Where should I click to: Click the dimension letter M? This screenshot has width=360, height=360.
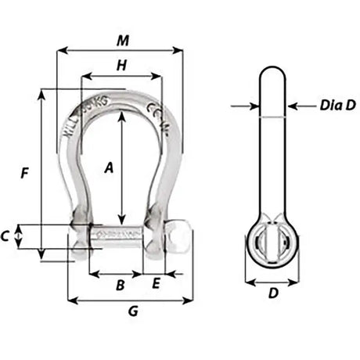pyautogui.click(x=120, y=39)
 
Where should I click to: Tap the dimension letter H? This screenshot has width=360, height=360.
pyautogui.click(x=121, y=67)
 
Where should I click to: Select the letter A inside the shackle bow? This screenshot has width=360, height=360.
pyautogui.click(x=110, y=166)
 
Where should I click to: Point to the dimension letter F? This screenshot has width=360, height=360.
pyautogui.click(x=26, y=174)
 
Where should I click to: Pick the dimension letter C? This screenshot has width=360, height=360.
pyautogui.click(x=7, y=236)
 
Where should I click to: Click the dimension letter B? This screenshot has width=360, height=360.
pyautogui.click(x=120, y=286)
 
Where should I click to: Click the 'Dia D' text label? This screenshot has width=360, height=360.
pyautogui.click(x=337, y=104)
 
